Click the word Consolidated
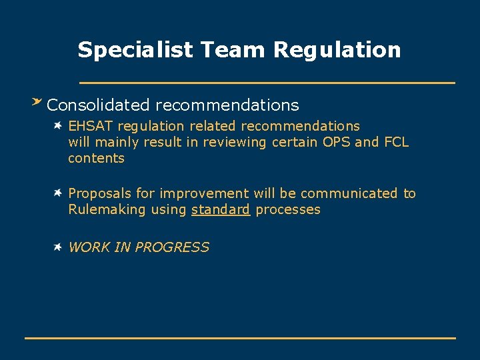click(x=99, y=105)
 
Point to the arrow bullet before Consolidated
click(x=37, y=103)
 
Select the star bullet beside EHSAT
click(x=59, y=125)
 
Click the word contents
click(x=96, y=158)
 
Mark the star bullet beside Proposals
click(x=59, y=193)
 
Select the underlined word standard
click(x=220, y=210)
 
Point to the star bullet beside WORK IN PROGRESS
click(x=59, y=247)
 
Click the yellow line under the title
click(x=267, y=83)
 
